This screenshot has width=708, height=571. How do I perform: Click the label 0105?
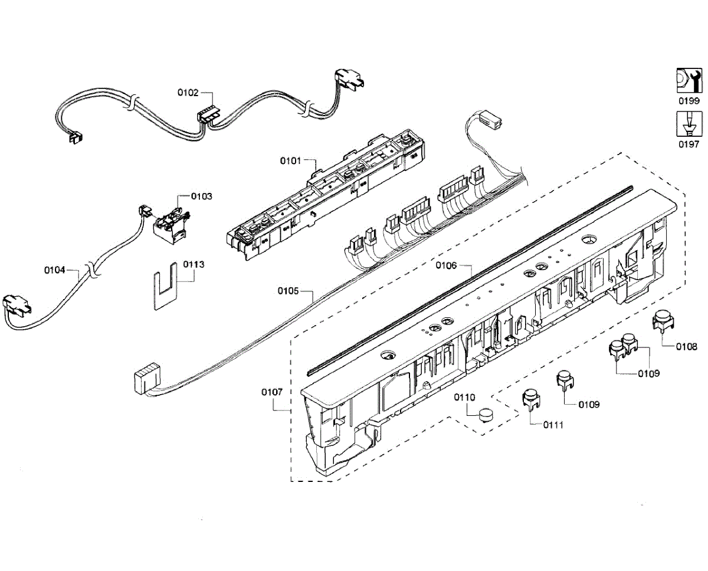click(x=289, y=291)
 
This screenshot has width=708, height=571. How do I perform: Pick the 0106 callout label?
click(x=446, y=265)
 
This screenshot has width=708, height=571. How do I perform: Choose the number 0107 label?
click(x=273, y=391)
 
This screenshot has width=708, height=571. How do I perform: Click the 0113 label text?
click(x=194, y=264)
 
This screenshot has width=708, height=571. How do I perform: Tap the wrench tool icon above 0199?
click(x=688, y=80)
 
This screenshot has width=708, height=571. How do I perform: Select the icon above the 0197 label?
click(x=688, y=125)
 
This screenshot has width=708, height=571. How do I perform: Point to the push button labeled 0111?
click(x=531, y=399)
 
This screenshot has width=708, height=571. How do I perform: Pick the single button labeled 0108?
click(x=664, y=321)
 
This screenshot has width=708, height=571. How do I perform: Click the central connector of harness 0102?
click(x=206, y=114)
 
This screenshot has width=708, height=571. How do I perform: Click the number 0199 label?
click(x=688, y=101)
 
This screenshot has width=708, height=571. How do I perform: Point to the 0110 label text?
click(x=464, y=397)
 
